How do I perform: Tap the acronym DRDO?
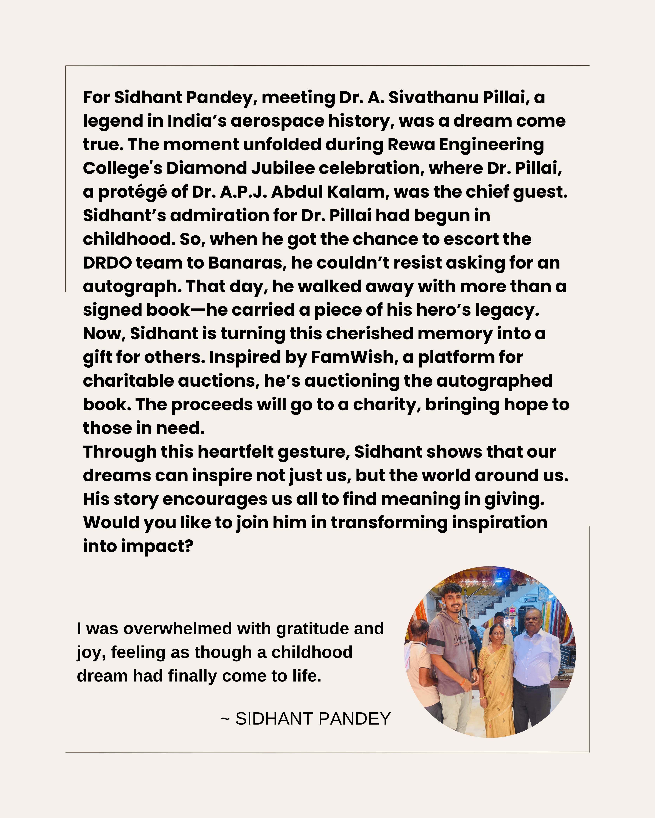click(107, 263)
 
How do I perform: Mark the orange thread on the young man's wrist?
click(463, 682)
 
